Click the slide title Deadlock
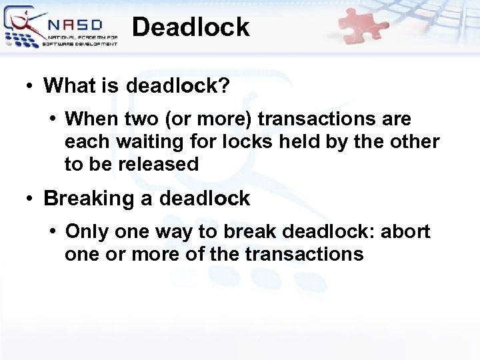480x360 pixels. tap(191, 27)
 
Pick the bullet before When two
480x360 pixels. tap(53, 120)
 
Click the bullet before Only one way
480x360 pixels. tap(53, 233)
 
